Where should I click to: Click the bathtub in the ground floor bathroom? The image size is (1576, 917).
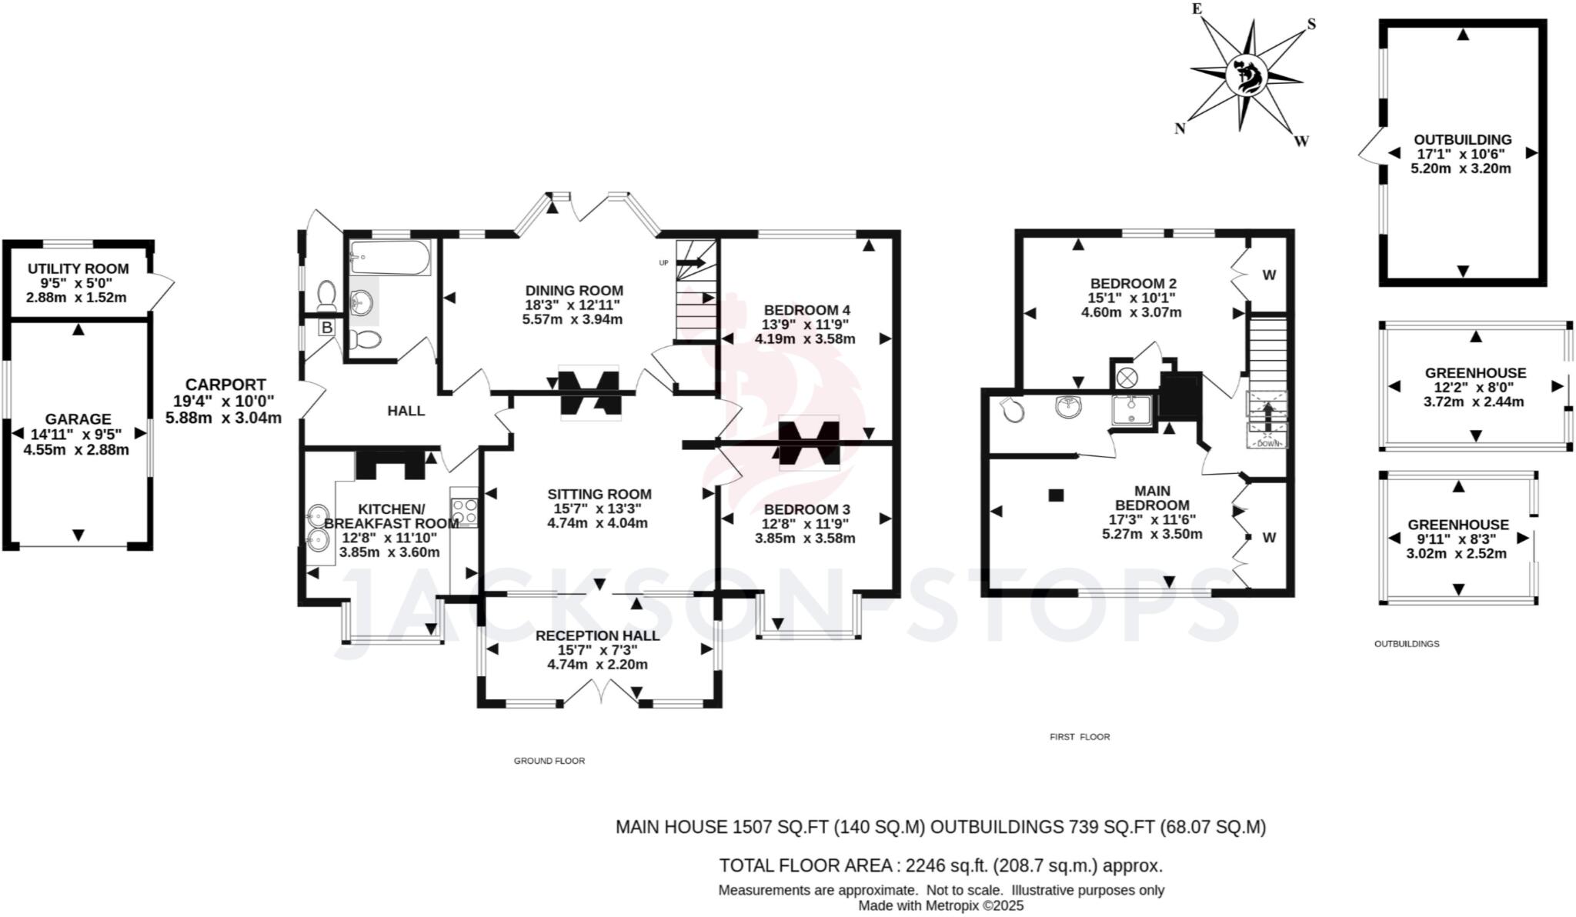pyautogui.click(x=389, y=258)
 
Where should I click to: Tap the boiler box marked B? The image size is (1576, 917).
pyautogui.click(x=326, y=328)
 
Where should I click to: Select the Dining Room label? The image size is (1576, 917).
pyautogui.click(x=574, y=291)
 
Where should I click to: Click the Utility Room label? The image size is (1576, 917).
pyautogui.click(x=78, y=269)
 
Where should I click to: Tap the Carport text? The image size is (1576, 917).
pyautogui.click(x=225, y=385)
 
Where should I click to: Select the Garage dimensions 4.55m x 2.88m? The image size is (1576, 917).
pyautogui.click(x=76, y=450)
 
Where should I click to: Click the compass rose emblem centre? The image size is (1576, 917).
pyautogui.click(x=1246, y=75)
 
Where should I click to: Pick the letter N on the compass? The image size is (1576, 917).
pyautogui.click(x=1179, y=129)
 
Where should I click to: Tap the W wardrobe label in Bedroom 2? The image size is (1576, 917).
pyautogui.click(x=1269, y=275)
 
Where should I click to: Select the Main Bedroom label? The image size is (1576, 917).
pyautogui.click(x=1152, y=498)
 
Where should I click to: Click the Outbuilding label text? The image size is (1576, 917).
pyautogui.click(x=1462, y=140)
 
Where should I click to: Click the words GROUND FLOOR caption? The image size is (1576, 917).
pyautogui.click(x=549, y=761)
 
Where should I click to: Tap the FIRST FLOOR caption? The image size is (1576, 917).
pyautogui.click(x=1080, y=737)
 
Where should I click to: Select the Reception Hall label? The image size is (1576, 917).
pyautogui.click(x=597, y=635)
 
